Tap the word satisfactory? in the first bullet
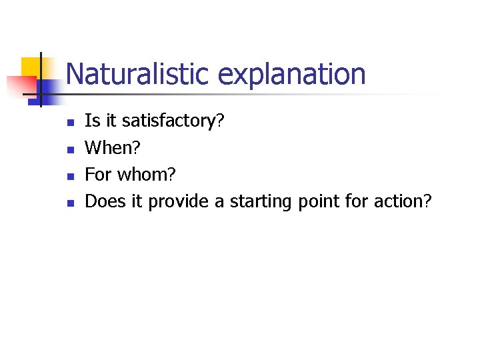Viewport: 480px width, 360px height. [x=173, y=121]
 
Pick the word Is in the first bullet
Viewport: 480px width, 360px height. [x=93, y=121]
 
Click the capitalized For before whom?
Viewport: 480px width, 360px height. [x=98, y=175]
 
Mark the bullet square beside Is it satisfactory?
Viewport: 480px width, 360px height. [x=69, y=123]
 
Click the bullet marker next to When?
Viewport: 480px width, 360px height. [x=69, y=150]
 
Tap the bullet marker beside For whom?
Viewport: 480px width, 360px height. [x=69, y=177]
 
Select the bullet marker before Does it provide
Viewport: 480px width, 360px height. [x=69, y=203]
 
